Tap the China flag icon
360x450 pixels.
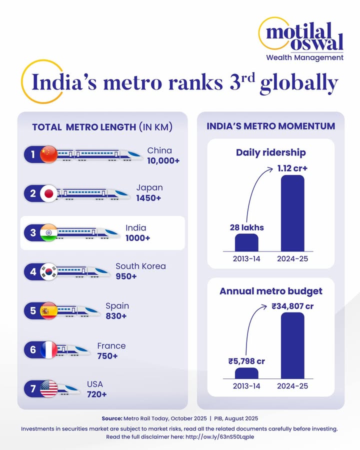point(48,154)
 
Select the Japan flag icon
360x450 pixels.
point(48,193)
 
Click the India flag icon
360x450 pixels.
point(48,232)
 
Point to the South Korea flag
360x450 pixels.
point(48,271)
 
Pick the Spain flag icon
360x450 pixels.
point(48,310)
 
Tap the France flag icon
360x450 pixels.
point(48,349)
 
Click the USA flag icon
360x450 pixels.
point(48,388)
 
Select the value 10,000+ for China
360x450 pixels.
point(163,161)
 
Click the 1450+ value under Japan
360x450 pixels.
point(148,198)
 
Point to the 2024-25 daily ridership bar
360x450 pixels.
point(292,213)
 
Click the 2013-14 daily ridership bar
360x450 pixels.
point(246,242)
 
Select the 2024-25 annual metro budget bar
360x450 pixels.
point(292,346)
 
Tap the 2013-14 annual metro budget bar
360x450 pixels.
point(246,373)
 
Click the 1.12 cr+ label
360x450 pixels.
point(292,168)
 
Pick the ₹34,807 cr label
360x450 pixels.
point(292,306)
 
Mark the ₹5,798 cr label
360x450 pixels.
point(246,361)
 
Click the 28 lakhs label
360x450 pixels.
point(246,227)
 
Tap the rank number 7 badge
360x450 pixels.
point(33,388)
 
